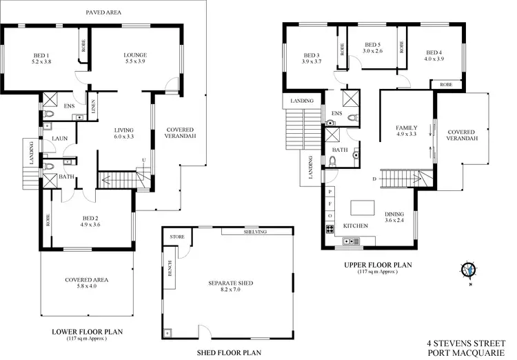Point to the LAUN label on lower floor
click(58, 138)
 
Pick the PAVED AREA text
click(104, 12)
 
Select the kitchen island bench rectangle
click(363, 207)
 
